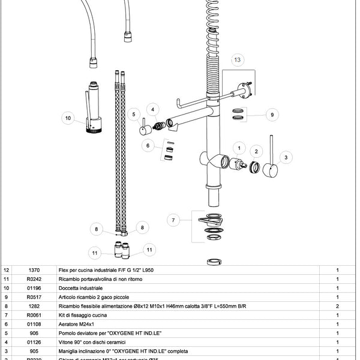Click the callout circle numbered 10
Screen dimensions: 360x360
[67, 118]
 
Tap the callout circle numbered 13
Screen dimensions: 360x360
[238, 60]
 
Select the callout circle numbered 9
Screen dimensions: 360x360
[271, 114]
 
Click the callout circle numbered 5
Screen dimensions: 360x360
[134, 112]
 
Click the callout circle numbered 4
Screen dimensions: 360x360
[153, 109]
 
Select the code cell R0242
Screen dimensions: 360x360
[34, 279]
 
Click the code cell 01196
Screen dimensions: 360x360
[34, 288]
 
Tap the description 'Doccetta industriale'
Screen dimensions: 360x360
[80, 288]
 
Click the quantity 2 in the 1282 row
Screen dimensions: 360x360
[338, 305]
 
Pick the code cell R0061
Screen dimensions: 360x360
[34, 314]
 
